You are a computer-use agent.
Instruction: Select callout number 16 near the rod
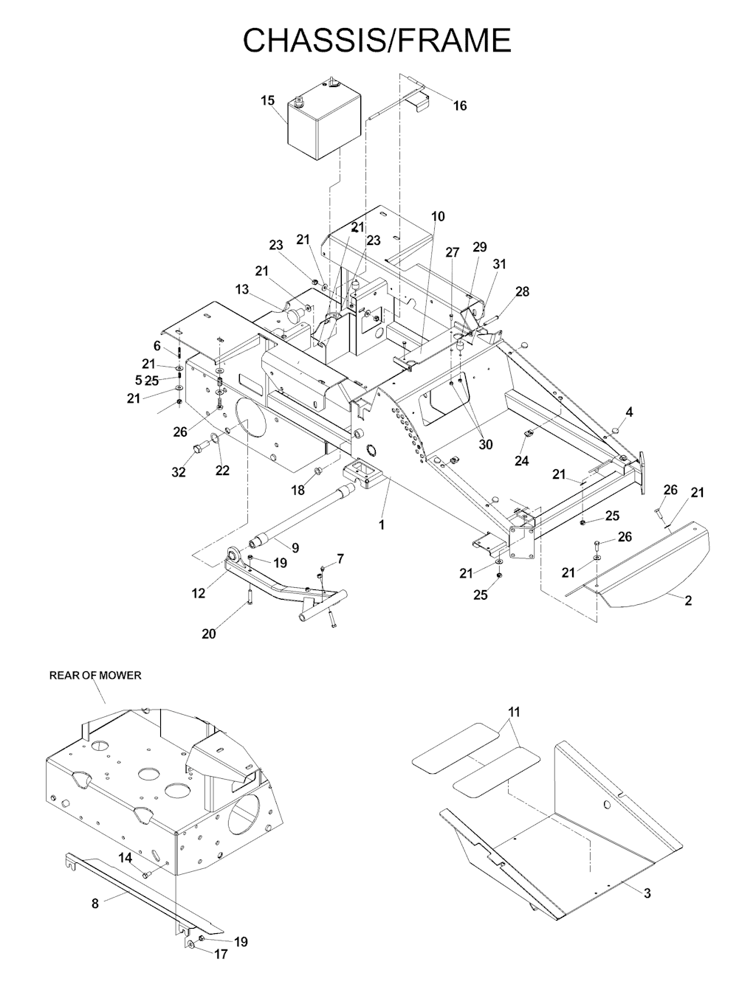(460, 106)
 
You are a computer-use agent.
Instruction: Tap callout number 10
(438, 217)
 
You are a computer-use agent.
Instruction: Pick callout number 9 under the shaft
(295, 548)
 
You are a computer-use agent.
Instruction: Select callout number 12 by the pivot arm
(199, 593)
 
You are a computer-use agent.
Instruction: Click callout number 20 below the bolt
(209, 634)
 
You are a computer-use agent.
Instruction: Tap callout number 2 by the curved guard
(688, 600)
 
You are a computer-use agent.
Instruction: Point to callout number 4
(629, 412)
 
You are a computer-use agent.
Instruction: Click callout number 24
(522, 461)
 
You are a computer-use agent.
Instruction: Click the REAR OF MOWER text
(95, 675)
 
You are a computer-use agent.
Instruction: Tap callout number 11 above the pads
(514, 712)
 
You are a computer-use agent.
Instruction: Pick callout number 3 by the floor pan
(647, 893)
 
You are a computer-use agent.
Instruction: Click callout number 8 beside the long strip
(95, 901)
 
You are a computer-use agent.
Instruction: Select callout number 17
(220, 954)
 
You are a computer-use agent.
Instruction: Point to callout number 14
(126, 857)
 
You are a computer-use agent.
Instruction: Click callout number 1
(382, 524)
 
